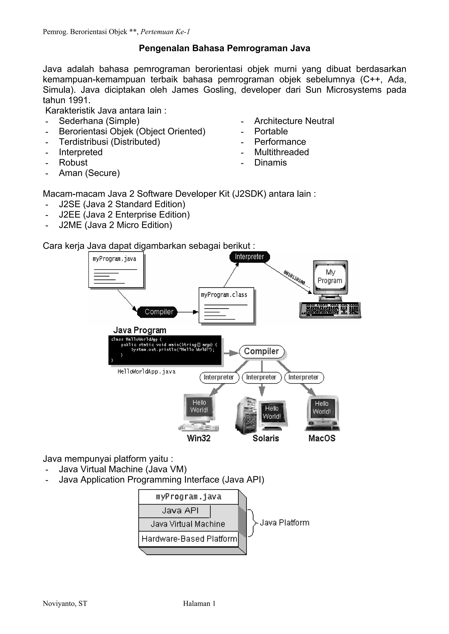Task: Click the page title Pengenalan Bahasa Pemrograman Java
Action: pyautogui.click(x=224, y=48)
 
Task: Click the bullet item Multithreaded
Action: pyautogui.click(x=281, y=152)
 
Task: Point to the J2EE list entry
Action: pyautogui.click(x=124, y=215)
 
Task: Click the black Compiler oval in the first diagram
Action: pyautogui.click(x=158, y=312)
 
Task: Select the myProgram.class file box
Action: pyautogui.click(x=226, y=305)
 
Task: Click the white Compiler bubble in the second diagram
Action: pyautogui.click(x=261, y=351)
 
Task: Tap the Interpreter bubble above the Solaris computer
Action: pyautogui.click(x=261, y=377)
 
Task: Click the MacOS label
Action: pyautogui.click(x=322, y=438)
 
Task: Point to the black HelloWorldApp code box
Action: pyautogui.click(x=165, y=350)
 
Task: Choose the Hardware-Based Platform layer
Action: pyautogui.click(x=189, y=539)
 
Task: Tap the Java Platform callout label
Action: pyautogui.click(x=284, y=523)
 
